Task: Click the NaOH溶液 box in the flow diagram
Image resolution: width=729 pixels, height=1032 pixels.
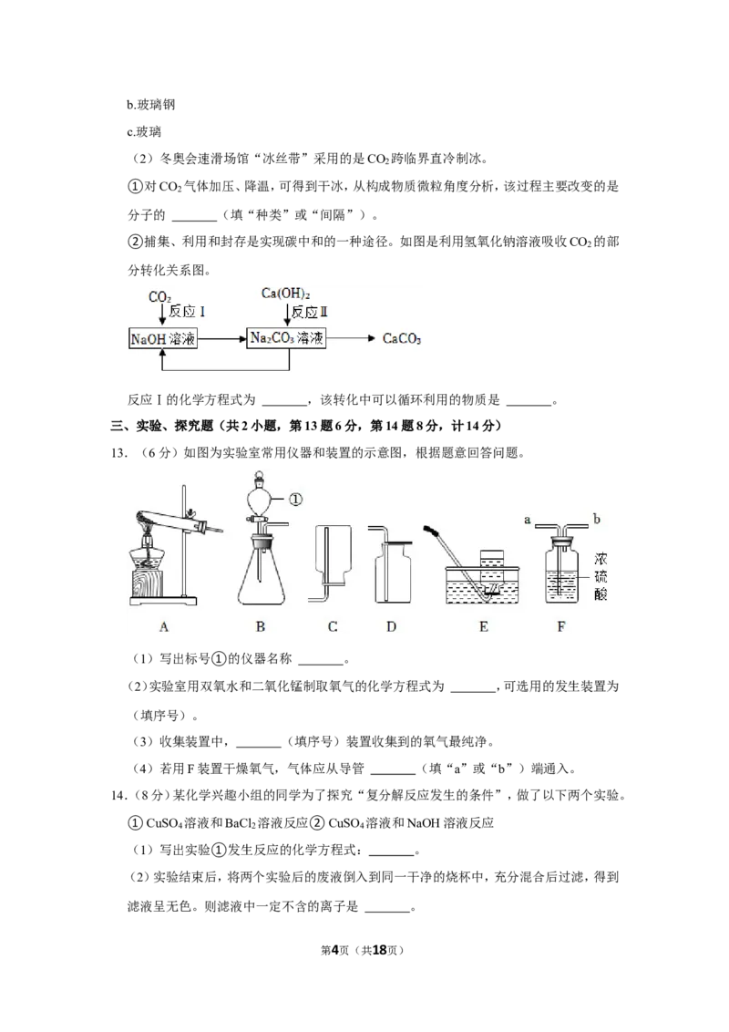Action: click(x=162, y=339)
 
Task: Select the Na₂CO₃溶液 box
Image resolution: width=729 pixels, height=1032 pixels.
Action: click(x=286, y=338)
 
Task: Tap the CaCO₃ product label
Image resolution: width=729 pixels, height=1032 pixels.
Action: click(x=401, y=339)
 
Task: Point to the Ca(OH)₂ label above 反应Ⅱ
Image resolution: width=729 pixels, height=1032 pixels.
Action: click(x=285, y=294)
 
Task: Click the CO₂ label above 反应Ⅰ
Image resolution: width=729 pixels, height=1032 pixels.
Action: click(x=159, y=297)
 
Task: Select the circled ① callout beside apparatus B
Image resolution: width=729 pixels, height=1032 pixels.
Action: click(x=295, y=500)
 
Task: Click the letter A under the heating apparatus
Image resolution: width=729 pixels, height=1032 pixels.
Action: click(x=164, y=627)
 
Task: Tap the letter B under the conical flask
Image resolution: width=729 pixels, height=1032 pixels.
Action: click(x=260, y=627)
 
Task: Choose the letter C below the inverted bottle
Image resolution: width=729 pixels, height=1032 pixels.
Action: click(x=333, y=627)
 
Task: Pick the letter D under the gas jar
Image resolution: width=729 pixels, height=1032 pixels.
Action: click(x=391, y=627)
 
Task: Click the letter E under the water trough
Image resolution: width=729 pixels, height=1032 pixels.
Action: click(x=484, y=627)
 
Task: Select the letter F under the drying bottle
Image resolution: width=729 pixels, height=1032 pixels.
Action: click(x=561, y=627)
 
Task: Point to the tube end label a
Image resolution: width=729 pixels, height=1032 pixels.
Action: click(x=527, y=520)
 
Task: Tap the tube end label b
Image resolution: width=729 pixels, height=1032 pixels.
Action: click(x=596, y=519)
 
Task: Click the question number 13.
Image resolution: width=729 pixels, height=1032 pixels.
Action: click(x=118, y=453)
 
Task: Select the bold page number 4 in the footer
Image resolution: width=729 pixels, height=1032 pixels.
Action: click(x=334, y=950)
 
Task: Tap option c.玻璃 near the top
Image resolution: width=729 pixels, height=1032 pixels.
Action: click(x=144, y=131)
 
